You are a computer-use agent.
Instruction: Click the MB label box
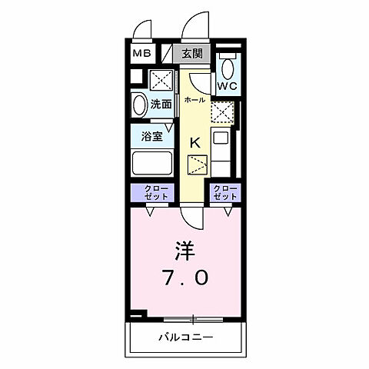142,53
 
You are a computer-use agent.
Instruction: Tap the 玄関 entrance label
192,53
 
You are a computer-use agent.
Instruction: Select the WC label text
228,87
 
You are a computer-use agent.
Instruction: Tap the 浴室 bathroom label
151,136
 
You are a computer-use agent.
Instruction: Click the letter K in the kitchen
196,142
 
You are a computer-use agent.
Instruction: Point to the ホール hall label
194,99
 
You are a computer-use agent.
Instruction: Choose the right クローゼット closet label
224,192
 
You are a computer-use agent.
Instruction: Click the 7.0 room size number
184,278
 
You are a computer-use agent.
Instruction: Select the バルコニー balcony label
185,337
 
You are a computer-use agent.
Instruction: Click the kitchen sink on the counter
220,141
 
